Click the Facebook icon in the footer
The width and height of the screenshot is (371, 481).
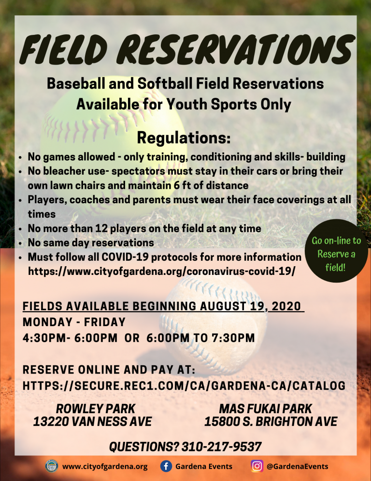click(166, 466)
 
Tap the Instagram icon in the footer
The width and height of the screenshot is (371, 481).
click(257, 466)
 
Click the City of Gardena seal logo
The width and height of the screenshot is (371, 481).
click(52, 466)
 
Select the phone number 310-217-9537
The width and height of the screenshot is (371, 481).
click(222, 447)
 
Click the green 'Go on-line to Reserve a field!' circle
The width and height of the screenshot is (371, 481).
click(336, 251)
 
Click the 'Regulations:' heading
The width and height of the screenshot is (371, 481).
click(184, 138)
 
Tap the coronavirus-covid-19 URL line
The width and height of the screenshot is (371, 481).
click(162, 271)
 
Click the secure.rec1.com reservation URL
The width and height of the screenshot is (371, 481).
click(184, 385)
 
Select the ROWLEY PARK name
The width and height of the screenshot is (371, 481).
click(96, 408)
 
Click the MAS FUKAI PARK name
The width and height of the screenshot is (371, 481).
click(265, 408)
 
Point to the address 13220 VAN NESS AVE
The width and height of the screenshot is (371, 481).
click(93, 421)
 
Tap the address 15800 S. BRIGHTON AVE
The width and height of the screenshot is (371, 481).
click(271, 421)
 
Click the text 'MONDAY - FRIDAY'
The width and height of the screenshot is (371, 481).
click(74, 322)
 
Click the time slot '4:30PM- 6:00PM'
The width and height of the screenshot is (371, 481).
click(70, 338)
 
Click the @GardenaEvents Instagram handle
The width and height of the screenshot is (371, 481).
click(298, 466)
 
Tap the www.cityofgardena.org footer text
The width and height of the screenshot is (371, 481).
click(105, 467)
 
